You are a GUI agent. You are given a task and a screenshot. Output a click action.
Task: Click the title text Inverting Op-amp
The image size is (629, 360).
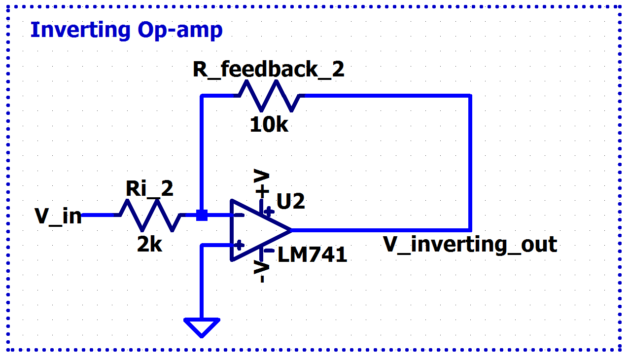pyautogui.click(x=126, y=30)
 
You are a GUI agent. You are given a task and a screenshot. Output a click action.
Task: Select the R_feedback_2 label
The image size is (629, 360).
pyautogui.click(x=268, y=70)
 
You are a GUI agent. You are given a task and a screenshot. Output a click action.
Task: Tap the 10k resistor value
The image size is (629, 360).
pyautogui.click(x=269, y=125)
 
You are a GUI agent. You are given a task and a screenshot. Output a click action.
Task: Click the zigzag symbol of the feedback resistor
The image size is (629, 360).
pyautogui.click(x=269, y=96)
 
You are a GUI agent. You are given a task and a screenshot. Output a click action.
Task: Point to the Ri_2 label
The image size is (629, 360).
pyautogui.click(x=149, y=189)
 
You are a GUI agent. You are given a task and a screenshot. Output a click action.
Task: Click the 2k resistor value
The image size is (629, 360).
pyautogui.click(x=149, y=244)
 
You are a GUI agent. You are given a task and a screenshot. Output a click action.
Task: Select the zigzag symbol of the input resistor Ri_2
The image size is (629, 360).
pyautogui.click(x=149, y=215)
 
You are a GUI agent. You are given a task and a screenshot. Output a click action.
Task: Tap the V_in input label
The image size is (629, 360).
pyautogui.click(x=58, y=216)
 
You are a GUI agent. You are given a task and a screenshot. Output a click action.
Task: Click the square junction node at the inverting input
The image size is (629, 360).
pyautogui.click(x=202, y=215)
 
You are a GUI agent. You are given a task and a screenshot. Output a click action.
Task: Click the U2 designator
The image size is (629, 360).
pyautogui.click(x=291, y=201)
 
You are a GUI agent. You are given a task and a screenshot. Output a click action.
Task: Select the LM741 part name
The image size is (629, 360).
pyautogui.click(x=313, y=255)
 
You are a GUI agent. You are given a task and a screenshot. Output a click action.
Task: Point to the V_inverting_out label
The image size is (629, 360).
pyautogui.click(x=470, y=245)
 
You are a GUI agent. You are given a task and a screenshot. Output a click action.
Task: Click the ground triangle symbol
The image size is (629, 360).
pyautogui.click(x=202, y=326)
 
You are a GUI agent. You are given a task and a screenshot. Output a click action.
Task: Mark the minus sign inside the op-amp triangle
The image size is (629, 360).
pyautogui.click(x=239, y=216)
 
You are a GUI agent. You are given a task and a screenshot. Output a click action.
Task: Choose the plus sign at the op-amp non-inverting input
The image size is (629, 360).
pyautogui.click(x=239, y=245)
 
